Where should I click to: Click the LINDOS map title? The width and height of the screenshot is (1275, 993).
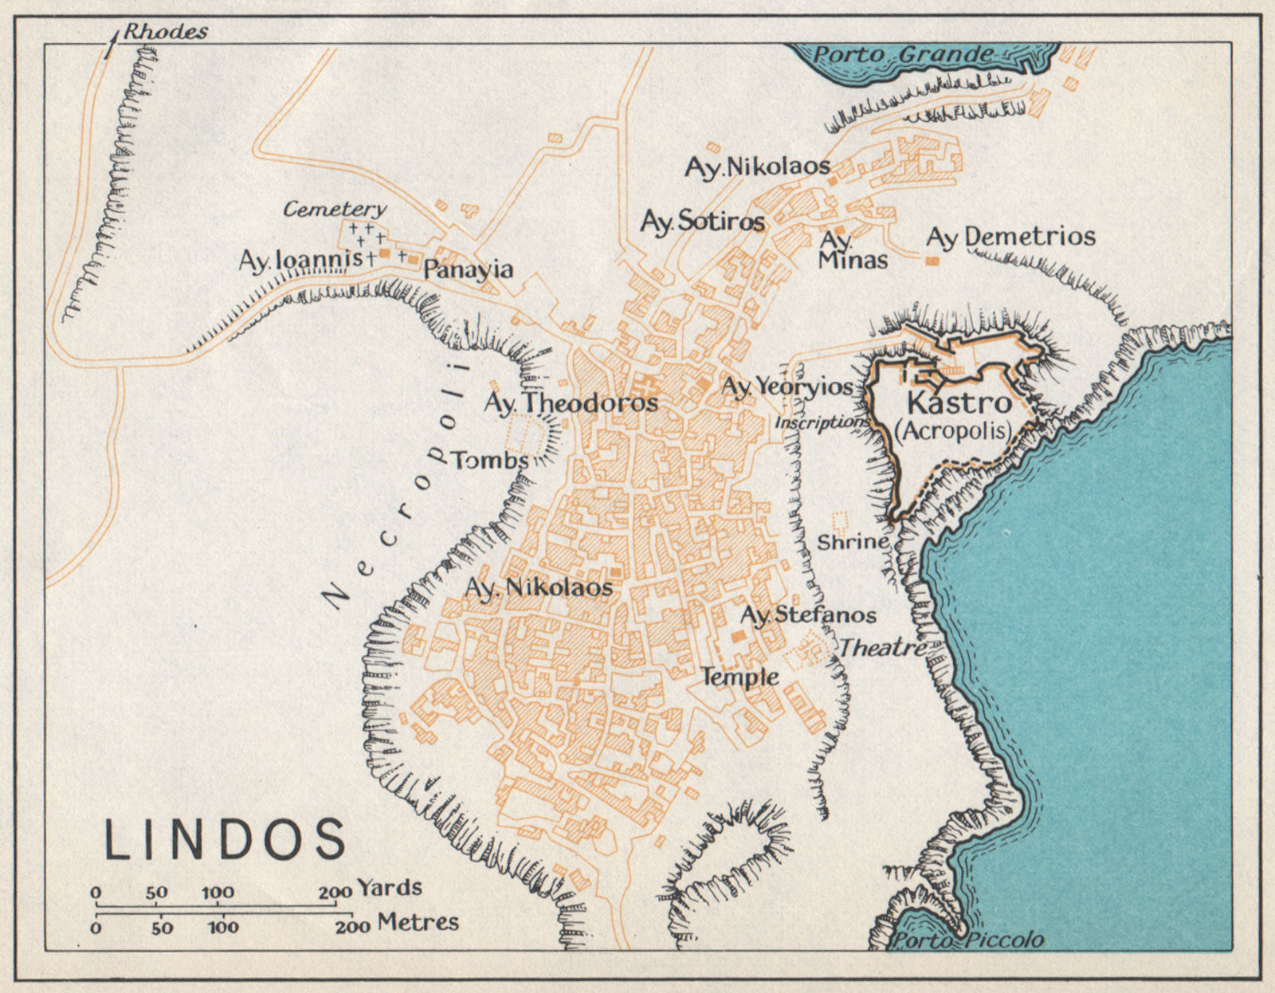click(x=226, y=838)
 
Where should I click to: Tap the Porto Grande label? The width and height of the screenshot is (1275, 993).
click(x=903, y=55)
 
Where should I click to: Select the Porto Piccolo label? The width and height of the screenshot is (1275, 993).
click(x=966, y=940)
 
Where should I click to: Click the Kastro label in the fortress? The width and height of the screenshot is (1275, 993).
click(x=959, y=402)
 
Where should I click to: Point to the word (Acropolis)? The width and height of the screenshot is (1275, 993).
click(x=953, y=431)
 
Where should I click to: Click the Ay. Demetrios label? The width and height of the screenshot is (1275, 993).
click(x=1010, y=237)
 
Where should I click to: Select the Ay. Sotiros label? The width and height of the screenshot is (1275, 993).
click(x=702, y=221)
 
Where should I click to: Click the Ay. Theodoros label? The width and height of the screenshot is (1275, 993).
click(x=571, y=403)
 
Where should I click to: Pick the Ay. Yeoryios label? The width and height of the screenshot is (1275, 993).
click(x=787, y=387)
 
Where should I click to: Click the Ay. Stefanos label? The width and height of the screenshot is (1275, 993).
click(x=808, y=614)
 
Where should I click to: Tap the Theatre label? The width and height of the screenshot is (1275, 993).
click(x=882, y=648)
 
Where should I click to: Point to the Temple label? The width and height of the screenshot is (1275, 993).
click(x=739, y=677)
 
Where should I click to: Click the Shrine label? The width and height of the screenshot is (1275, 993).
click(x=853, y=542)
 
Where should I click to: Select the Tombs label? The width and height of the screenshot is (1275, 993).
click(x=490, y=460)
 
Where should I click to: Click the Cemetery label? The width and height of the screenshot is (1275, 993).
click(x=335, y=210)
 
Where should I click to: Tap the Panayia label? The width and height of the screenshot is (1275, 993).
click(x=468, y=269)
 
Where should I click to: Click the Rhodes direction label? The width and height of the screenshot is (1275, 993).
click(x=166, y=32)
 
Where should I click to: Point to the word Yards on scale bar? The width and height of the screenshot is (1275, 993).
click(x=390, y=888)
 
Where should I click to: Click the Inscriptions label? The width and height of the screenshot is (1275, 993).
click(x=821, y=422)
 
